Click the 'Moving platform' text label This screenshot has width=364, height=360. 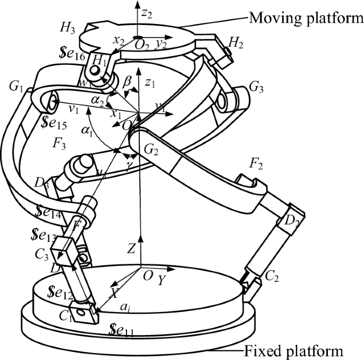[306, 20]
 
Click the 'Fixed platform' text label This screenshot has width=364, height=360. [302, 351]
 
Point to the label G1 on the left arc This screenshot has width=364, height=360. [18, 86]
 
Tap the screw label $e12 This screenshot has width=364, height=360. [59, 292]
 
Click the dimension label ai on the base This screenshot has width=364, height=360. [124, 307]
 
